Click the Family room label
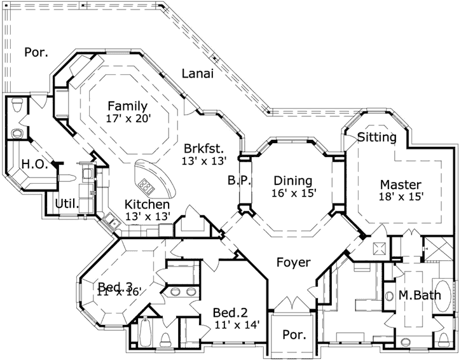click(128, 106)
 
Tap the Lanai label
click(198, 74)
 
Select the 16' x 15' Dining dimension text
click(294, 193)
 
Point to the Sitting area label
click(377, 137)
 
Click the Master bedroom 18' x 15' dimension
click(401, 196)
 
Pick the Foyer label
click(293, 262)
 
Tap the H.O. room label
click(35, 164)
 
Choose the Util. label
click(67, 204)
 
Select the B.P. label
click(239, 181)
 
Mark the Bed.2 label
click(230, 312)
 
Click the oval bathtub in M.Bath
click(443, 296)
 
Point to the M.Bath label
click(420, 295)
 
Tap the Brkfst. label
click(203, 149)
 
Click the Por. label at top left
click(36, 52)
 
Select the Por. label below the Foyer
click(294, 335)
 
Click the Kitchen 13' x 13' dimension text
click(148, 216)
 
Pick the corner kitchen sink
click(111, 222)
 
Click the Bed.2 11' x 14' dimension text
click(237, 325)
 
